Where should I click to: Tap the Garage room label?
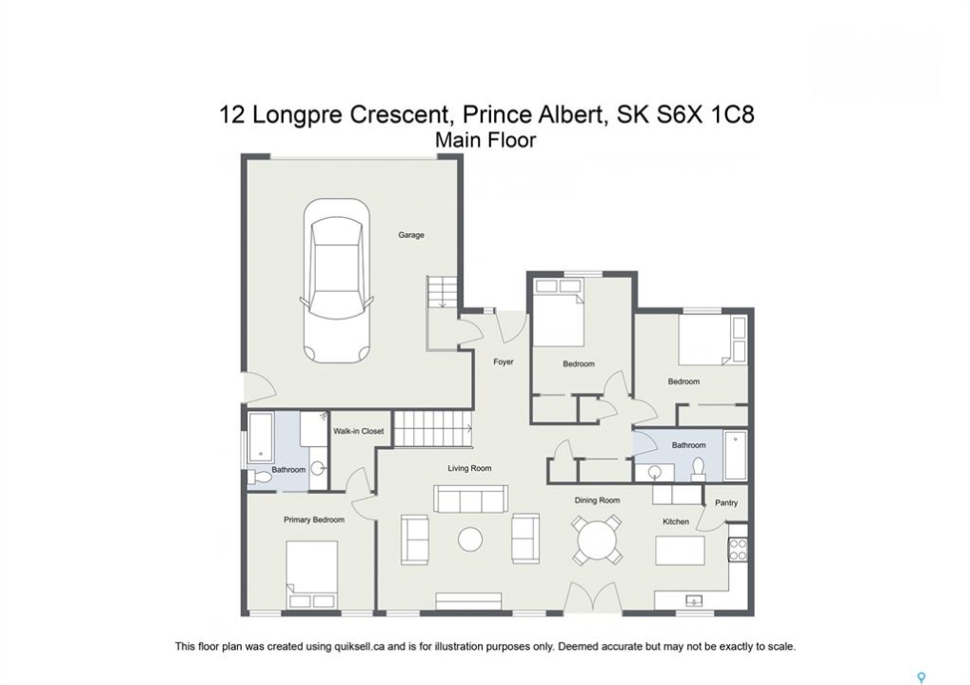tap(411, 235)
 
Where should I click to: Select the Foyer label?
tap(503, 362)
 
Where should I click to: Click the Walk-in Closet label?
tap(358, 431)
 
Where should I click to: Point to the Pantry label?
tap(726, 502)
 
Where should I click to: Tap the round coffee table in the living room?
tap(470, 539)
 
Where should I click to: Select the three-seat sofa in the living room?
tap(471, 499)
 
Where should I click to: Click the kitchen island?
tap(680, 550)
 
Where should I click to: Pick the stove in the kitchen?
tap(738, 549)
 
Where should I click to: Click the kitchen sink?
tap(694, 599)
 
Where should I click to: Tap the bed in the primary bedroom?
tap(312, 575)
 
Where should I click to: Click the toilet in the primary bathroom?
tap(260, 478)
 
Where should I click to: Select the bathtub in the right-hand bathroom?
tap(735, 455)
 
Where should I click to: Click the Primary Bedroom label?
tap(313, 519)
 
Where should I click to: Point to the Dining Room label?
tap(596, 500)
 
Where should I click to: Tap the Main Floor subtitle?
tap(485, 141)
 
